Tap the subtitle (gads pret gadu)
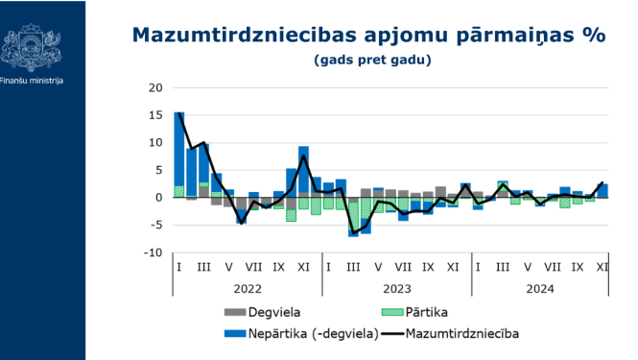pyautogui.click(x=371, y=60)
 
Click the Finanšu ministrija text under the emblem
pyautogui.click(x=32, y=81)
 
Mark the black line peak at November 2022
pyautogui.click(x=304, y=156)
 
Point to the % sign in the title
pyautogui.click(x=593, y=36)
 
